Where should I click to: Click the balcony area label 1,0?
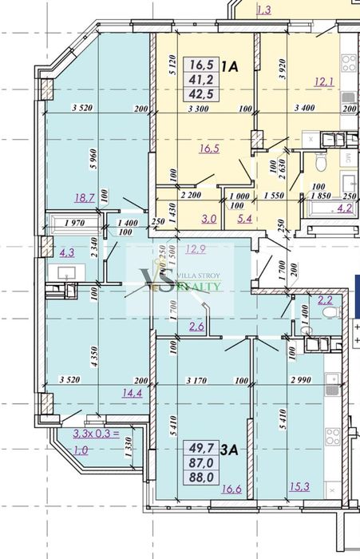[x=81, y=450]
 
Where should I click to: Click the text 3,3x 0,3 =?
[x=93, y=434]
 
